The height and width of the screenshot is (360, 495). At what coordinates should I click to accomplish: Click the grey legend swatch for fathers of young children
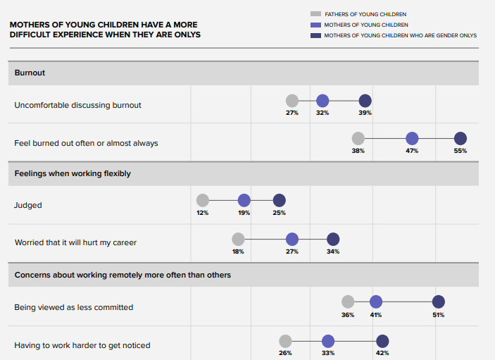(315, 14)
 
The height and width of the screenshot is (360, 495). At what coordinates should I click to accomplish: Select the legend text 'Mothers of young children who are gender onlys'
(400, 35)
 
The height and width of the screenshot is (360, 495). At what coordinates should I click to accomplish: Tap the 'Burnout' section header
(30, 73)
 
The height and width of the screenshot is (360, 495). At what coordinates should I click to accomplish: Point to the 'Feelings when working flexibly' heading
(73, 173)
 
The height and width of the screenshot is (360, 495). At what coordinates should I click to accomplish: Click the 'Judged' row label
(28, 205)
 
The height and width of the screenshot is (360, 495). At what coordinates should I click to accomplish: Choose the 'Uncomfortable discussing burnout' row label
(77, 105)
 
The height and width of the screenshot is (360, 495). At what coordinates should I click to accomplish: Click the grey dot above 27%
(292, 101)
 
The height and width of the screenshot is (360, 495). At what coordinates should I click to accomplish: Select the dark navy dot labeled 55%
(460, 139)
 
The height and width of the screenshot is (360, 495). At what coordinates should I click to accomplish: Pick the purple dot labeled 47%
(412, 139)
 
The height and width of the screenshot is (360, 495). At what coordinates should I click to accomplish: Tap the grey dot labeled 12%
(203, 201)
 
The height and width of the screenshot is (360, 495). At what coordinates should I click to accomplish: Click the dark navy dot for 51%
(438, 302)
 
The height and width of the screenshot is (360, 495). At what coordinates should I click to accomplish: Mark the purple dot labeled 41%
(376, 302)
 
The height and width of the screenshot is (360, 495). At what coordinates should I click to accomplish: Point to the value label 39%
(365, 113)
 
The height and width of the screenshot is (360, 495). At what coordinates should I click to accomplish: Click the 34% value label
(333, 252)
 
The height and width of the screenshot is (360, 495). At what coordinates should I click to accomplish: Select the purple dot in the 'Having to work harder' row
(327, 341)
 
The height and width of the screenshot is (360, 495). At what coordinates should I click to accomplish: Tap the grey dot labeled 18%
(238, 240)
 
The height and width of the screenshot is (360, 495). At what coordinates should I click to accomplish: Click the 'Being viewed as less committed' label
(74, 307)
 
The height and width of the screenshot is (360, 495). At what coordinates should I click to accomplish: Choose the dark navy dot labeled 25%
(279, 201)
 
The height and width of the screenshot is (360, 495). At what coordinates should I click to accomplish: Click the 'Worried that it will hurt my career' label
(75, 242)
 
